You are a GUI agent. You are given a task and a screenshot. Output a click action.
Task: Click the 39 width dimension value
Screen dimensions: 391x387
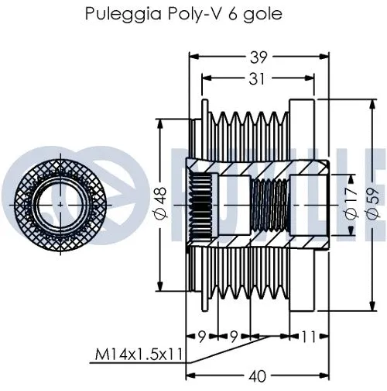(x=253, y=56)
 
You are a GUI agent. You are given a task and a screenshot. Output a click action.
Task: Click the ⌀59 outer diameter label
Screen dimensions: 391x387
(x=373, y=202)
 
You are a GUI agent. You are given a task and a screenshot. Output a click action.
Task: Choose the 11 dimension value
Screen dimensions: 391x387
(x=307, y=337)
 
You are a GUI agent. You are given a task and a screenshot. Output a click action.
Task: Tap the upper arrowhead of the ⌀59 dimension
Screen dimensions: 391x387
(x=372, y=105)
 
